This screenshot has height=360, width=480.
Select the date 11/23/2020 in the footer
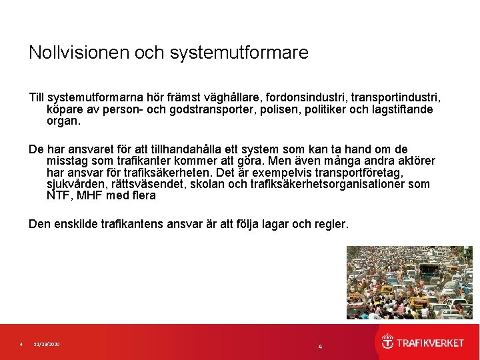point(47,344)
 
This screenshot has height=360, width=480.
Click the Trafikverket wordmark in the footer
point(431,343)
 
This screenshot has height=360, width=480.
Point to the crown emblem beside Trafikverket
point(387,343)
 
